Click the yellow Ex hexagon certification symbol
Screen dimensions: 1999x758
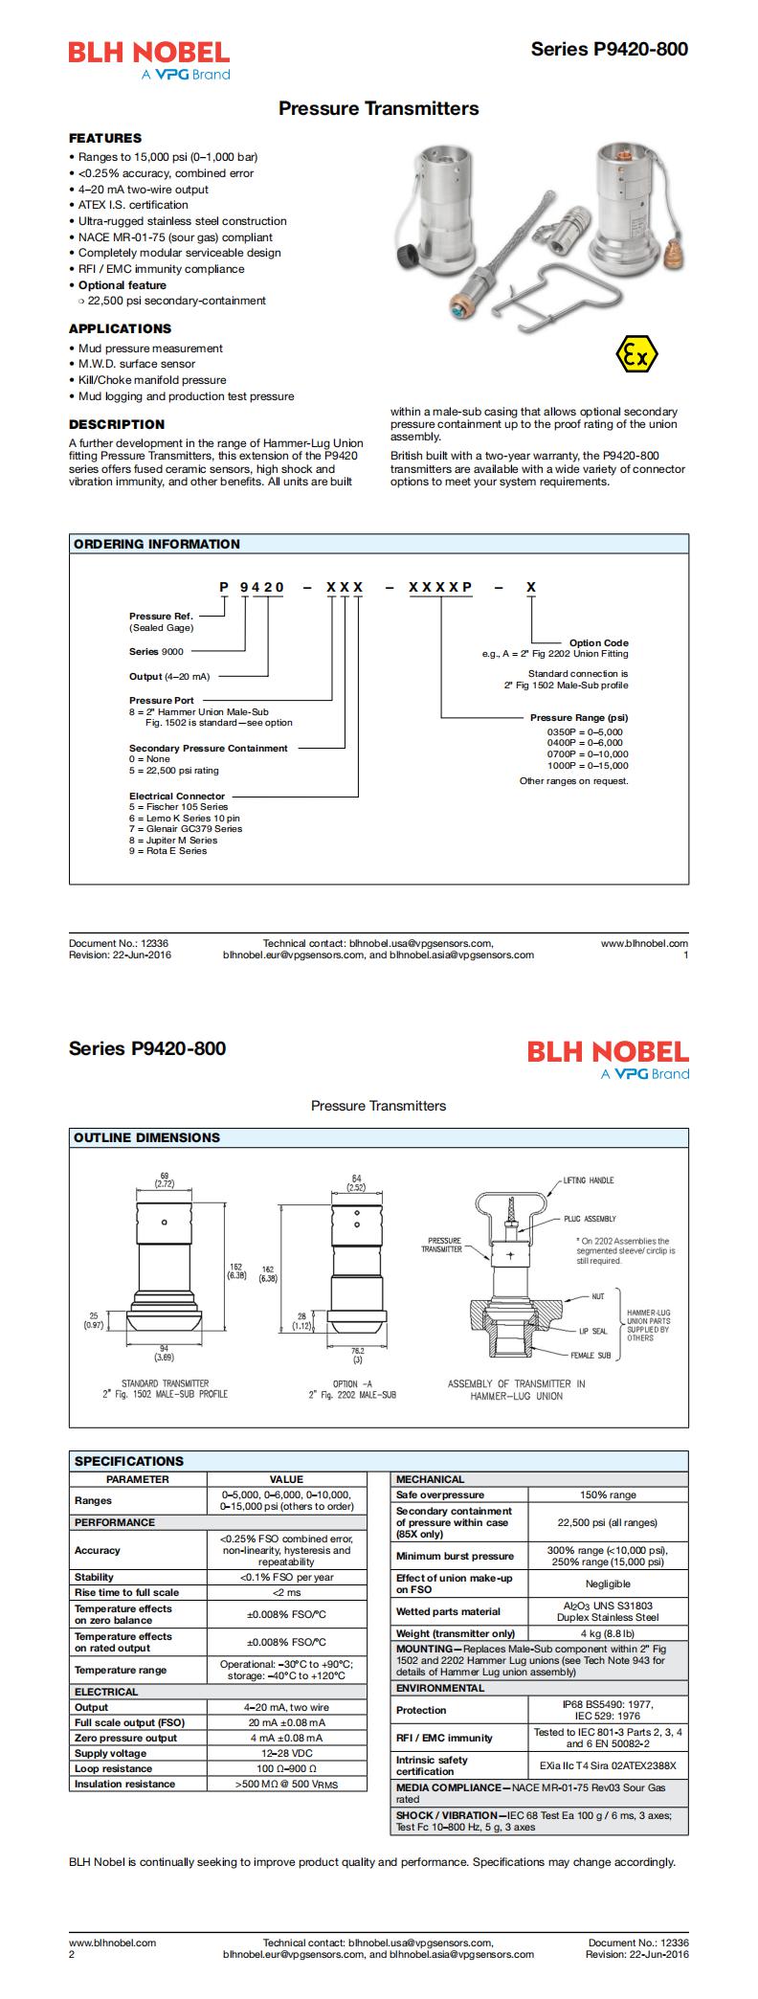coord(636,355)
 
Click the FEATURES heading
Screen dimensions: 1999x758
coord(105,138)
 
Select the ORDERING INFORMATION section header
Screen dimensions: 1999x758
coord(157,544)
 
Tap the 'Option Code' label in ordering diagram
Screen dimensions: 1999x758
coord(598,642)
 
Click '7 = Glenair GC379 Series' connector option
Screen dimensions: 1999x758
coord(186,828)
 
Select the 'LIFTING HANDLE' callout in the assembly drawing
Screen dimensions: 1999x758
coord(589,1179)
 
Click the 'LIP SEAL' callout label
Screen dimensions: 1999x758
coord(592,1331)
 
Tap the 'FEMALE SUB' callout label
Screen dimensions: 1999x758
coord(591,1355)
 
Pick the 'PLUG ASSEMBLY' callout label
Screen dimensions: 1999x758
coord(590,1219)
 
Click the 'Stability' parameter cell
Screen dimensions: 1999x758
coord(95,1576)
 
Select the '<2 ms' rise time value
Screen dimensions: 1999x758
coord(286,1591)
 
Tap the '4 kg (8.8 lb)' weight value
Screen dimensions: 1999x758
coord(607,1632)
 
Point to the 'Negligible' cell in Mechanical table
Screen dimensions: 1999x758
coord(607,1583)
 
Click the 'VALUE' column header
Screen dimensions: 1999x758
coord(286,1479)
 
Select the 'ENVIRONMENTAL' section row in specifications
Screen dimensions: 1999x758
coord(440,1687)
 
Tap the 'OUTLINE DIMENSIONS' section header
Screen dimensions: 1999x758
coord(146,1137)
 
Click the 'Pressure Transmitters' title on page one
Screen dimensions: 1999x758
coord(378,109)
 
